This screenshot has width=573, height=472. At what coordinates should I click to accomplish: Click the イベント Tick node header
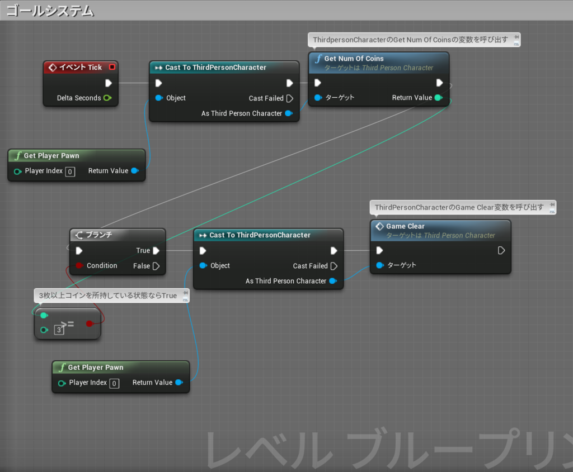point(81,67)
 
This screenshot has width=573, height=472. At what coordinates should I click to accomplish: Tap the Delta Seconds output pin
point(107,98)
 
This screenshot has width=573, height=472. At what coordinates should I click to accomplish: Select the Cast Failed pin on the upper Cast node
point(289,98)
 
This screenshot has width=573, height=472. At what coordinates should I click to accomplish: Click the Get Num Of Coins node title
point(354,58)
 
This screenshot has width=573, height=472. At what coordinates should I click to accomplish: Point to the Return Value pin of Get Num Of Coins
point(438,98)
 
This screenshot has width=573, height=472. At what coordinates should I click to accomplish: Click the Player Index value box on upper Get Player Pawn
point(70,171)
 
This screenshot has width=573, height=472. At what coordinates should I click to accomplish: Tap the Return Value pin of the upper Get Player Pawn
point(135,171)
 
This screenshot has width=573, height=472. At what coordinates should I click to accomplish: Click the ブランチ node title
point(98,235)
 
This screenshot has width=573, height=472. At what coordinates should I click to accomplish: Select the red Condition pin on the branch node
point(79,266)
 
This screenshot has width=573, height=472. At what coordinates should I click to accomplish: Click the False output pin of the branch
point(156,266)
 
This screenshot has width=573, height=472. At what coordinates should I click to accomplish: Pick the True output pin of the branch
point(156,251)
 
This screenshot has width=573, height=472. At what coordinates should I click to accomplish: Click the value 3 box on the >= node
point(59,330)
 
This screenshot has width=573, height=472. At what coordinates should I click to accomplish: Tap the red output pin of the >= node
point(89,323)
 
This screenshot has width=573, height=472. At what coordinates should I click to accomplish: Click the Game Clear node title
point(405,226)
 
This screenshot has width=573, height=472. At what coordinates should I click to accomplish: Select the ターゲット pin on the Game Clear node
point(381,265)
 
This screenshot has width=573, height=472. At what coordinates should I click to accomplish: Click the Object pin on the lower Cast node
point(203,266)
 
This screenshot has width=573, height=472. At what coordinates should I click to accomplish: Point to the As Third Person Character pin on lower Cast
point(333,281)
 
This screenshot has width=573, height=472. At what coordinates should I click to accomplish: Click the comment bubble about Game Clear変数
point(459,207)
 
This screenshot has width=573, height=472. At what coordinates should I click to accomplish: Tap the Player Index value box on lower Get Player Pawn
point(114,383)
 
